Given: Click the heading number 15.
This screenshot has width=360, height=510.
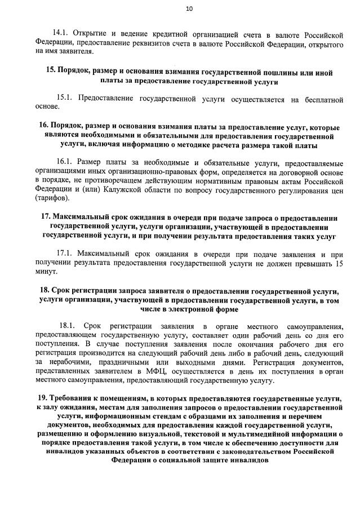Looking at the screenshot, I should click(50, 73).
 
